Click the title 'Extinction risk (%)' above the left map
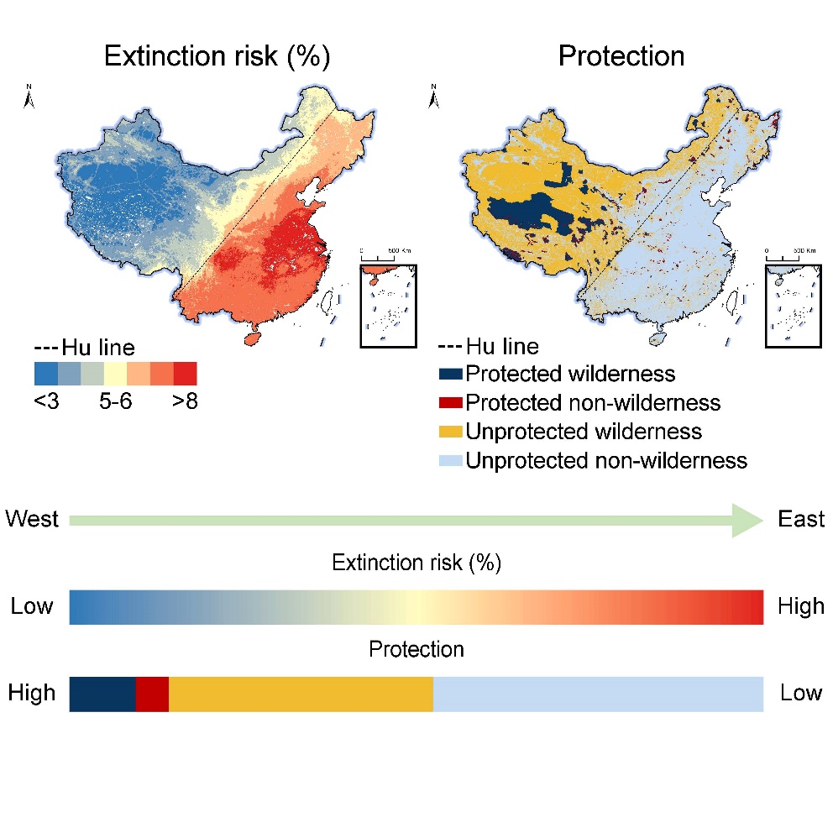(217, 56)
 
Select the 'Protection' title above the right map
(621, 56)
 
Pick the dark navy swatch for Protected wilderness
(450, 374)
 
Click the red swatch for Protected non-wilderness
(450, 403)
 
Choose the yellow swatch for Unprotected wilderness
(450, 432)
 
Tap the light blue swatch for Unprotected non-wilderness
(450, 460)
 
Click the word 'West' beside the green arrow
(32, 519)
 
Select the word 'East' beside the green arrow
(801, 519)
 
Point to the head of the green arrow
(748, 521)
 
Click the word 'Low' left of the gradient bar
(32, 605)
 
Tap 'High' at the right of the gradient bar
(801, 605)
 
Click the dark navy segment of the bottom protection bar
(102, 694)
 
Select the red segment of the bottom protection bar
(152, 694)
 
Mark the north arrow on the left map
(29, 98)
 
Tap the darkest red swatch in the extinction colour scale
(186, 373)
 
